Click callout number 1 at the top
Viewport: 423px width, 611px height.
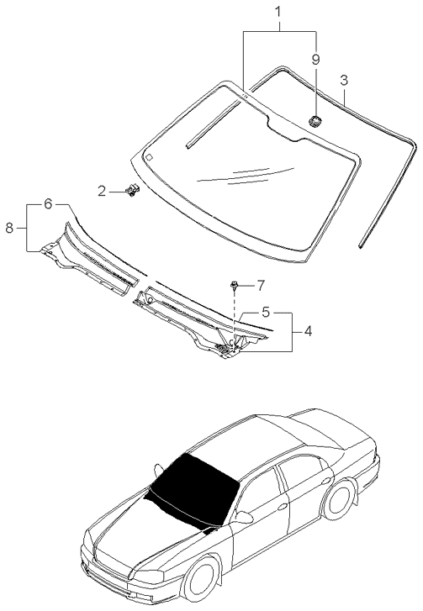(x=281, y=13)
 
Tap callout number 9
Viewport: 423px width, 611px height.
(x=315, y=60)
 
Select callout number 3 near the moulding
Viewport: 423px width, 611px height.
(x=343, y=81)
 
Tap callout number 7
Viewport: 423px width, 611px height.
(x=261, y=286)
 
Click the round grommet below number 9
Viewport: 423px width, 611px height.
(x=315, y=123)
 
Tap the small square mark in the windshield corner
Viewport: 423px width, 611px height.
(x=147, y=156)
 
